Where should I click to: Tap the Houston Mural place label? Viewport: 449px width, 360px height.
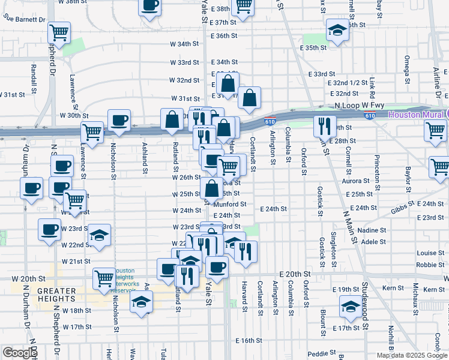point(416,114)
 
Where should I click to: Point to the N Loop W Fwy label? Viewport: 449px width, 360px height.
point(360,105)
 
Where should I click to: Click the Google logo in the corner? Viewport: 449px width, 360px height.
point(20,353)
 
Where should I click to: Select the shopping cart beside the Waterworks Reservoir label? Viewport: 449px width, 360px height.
point(104,278)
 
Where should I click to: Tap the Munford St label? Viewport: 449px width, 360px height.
point(230,204)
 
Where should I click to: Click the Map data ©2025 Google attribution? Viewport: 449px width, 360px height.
point(411,355)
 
